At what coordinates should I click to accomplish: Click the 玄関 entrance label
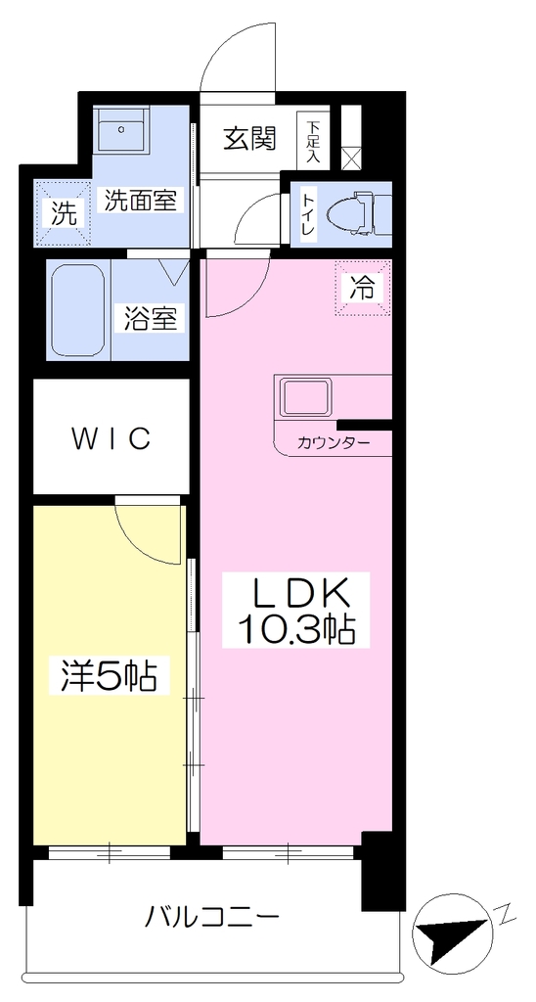coord(248,138)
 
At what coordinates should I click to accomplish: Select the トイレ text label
coord(307,215)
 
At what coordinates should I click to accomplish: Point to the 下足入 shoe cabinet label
coord(312,141)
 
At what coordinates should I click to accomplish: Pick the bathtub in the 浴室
coord(78,310)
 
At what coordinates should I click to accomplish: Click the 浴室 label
coord(151,318)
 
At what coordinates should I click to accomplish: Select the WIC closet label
coord(112,438)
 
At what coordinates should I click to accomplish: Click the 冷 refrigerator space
coord(362,289)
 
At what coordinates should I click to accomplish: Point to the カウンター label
coord(335,442)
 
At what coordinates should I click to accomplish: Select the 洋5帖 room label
coord(110,675)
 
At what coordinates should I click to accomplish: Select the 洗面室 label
coord(140,201)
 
